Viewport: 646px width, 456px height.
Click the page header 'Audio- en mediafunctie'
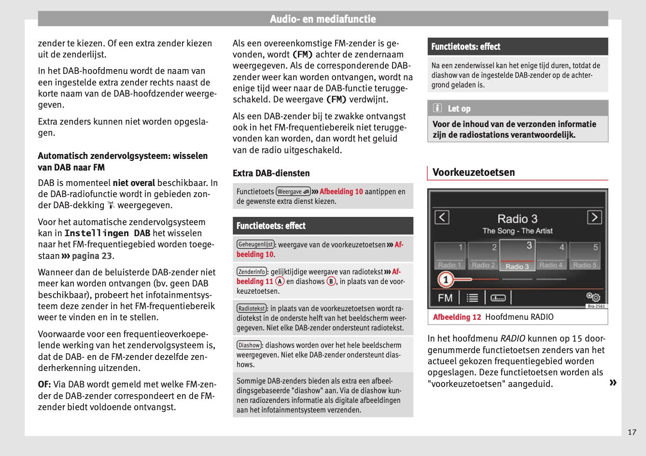tap(323, 19)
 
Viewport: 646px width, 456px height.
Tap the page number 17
tap(632, 432)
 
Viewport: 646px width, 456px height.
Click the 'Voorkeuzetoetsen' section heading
tap(474, 172)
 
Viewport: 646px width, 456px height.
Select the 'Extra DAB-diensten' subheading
tap(271, 173)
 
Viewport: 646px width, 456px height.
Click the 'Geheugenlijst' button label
tap(255, 244)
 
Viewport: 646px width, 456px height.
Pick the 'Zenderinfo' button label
tap(252, 271)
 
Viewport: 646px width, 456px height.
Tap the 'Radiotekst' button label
tap(252, 308)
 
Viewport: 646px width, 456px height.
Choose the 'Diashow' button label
tap(249, 345)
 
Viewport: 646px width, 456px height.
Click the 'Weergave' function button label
tap(293, 192)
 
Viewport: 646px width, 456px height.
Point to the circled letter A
tap(280, 281)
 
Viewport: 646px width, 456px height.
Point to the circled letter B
tap(331, 281)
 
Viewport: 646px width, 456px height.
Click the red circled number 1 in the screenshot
tap(445, 279)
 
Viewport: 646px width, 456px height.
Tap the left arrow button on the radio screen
tap(442, 217)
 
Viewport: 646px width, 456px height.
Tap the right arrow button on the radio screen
tap(594, 217)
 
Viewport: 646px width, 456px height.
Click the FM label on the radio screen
tap(445, 298)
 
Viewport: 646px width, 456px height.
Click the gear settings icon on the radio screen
tap(593, 297)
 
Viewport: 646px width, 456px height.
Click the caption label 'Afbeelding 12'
tap(457, 317)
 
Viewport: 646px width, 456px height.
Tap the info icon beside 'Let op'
tap(437, 108)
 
